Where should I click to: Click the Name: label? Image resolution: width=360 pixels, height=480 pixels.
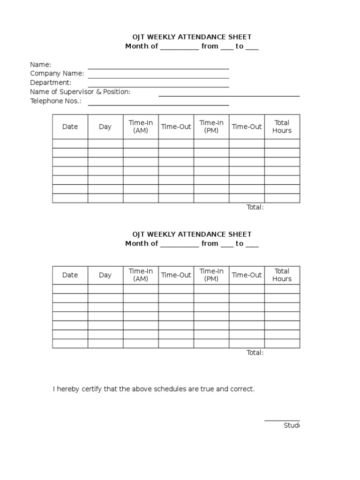[x=41, y=65]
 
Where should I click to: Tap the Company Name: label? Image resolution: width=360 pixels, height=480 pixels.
[x=57, y=74]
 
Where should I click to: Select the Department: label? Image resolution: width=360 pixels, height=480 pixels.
[x=51, y=82]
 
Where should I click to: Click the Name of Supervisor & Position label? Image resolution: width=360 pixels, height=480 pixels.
[x=80, y=92]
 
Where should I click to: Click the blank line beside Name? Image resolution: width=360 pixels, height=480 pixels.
[x=158, y=68]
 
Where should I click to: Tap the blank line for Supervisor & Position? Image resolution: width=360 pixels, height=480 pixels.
[x=229, y=96]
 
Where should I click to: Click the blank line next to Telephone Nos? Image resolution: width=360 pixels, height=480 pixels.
[x=158, y=105]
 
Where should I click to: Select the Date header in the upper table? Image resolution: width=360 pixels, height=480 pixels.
[x=70, y=127]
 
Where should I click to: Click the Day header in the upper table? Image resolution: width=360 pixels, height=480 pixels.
[x=105, y=127]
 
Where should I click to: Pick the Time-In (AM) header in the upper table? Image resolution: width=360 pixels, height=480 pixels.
[x=141, y=127]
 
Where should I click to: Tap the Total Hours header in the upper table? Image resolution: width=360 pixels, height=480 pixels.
[x=282, y=127]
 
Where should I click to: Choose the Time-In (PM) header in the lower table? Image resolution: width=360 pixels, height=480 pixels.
[x=211, y=275]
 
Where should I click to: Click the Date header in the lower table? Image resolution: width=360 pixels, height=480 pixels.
[x=70, y=275]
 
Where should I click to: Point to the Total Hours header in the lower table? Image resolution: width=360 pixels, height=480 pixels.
[x=282, y=275]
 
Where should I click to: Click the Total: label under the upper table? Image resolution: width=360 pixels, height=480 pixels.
[x=255, y=207]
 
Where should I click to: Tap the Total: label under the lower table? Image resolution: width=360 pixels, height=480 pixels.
[x=255, y=352]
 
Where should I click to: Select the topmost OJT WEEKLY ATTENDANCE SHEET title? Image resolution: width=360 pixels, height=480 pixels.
[x=192, y=37]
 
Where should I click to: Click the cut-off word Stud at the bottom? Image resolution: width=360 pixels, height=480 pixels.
[x=291, y=426]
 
